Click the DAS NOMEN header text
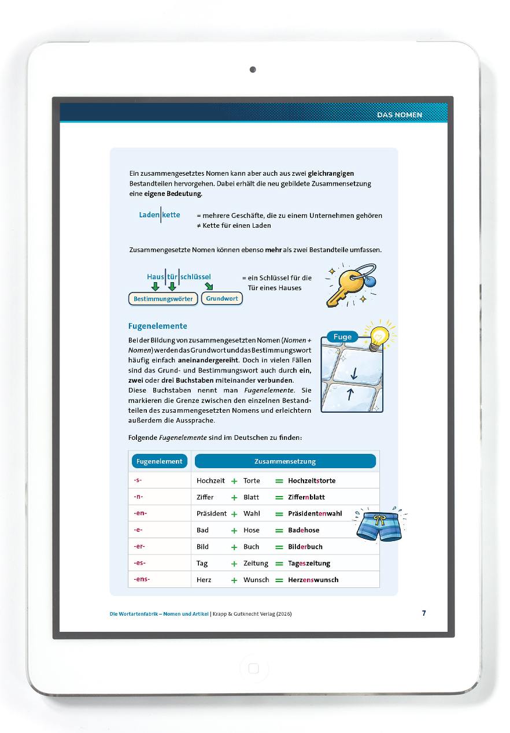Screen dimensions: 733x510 coord(400,115)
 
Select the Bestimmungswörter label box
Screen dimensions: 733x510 coord(163,299)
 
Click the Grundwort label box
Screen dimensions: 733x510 coord(222,299)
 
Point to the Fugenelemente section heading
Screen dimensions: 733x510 coord(157,326)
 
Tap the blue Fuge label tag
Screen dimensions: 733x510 coord(342,337)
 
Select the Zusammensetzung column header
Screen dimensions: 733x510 coord(285,461)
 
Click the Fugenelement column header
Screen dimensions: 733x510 coord(159,461)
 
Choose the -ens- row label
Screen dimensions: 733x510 coord(142,579)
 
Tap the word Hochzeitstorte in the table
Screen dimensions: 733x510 coord(312,480)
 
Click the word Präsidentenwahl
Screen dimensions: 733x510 coord(315,513)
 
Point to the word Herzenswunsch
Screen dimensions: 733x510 coord(313,580)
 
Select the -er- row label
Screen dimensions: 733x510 coord(139,546)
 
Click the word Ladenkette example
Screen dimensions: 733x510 coord(160,215)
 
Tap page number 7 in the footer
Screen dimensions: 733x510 coord(424,613)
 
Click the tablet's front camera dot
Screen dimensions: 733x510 coord(253,70)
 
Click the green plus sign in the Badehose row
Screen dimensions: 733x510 coord(234,530)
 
